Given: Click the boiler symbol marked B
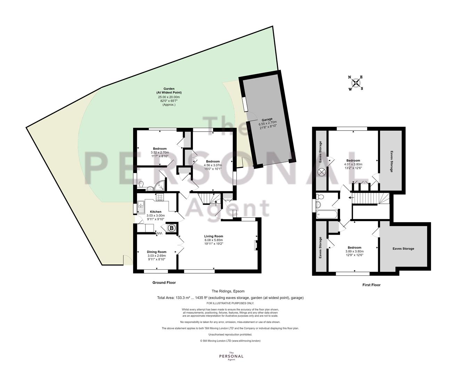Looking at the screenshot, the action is pyautogui.click(x=172, y=228).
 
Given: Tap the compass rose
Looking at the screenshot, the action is pyautogui.click(x=356, y=83).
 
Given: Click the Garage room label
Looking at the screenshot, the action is pyautogui.click(x=267, y=119).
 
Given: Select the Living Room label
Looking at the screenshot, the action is pyautogui.click(x=213, y=236).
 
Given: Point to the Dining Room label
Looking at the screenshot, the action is pyautogui.click(x=156, y=252).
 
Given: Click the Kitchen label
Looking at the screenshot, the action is pyautogui.click(x=156, y=212).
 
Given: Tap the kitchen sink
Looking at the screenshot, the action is pyautogui.click(x=141, y=207).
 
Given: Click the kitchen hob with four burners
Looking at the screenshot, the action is pyautogui.click(x=160, y=197).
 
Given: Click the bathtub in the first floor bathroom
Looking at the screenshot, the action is pyautogui.click(x=327, y=214).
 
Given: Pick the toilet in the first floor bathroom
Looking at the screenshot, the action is pyautogui.click(x=320, y=197).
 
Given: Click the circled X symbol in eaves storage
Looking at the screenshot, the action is pyautogui.click(x=321, y=172).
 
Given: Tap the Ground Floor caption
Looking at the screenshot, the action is pyautogui.click(x=164, y=283).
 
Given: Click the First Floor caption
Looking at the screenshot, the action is pyautogui.click(x=371, y=285).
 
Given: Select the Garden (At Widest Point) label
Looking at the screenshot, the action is pyautogui.click(x=169, y=91).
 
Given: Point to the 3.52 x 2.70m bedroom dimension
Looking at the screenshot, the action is pyautogui.click(x=160, y=152).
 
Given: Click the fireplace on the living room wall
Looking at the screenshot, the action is pyautogui.click(x=256, y=245).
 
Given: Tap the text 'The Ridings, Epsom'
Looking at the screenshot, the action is pyautogui.click(x=228, y=291).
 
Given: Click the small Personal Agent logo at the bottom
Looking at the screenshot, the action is pyautogui.click(x=231, y=356).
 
